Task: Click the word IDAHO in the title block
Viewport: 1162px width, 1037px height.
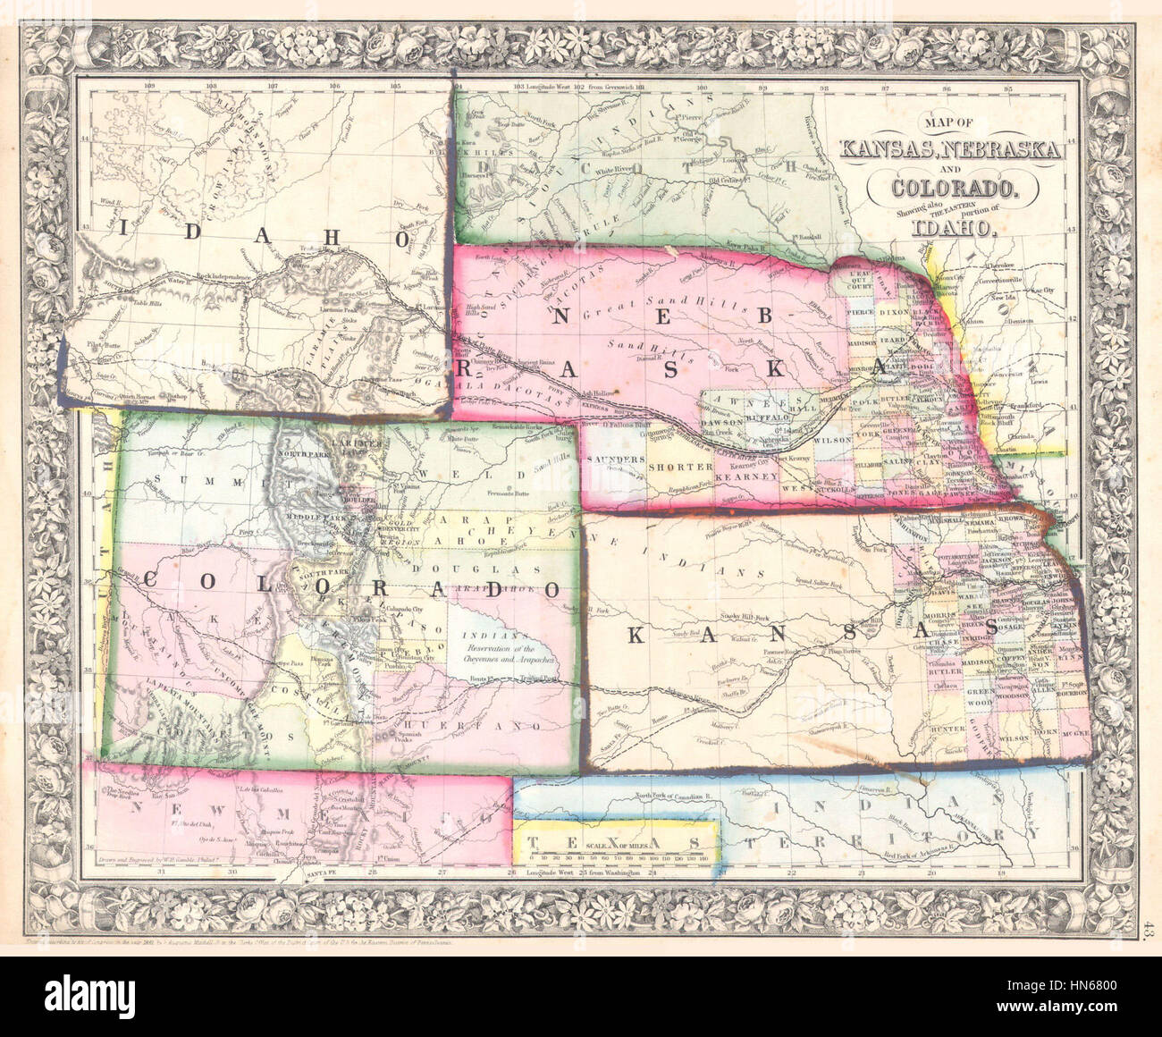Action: [x=953, y=227]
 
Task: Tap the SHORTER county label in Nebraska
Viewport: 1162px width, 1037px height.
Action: [x=681, y=467]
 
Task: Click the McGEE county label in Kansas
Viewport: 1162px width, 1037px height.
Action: [x=1075, y=732]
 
